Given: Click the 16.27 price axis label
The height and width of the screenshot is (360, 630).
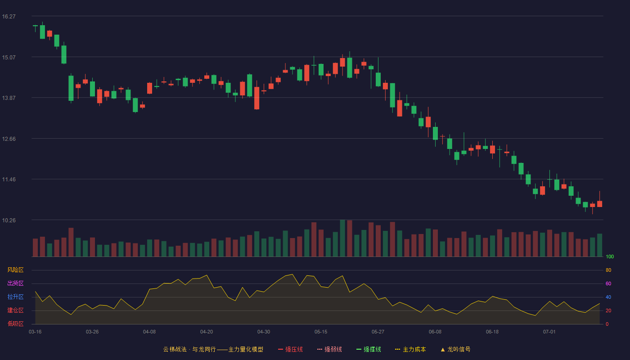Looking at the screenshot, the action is (x=9, y=17).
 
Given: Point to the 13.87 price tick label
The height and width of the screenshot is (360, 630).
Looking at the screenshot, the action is (x=9, y=98).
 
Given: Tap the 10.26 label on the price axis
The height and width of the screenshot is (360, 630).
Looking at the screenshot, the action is (x=9, y=220).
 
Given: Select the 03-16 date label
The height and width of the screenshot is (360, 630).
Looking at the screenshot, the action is (x=35, y=332).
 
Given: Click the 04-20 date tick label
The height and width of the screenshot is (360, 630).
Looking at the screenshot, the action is (x=207, y=332).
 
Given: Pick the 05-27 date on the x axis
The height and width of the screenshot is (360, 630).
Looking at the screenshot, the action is (x=378, y=332).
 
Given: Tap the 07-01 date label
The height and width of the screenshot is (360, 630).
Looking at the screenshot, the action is (x=549, y=332).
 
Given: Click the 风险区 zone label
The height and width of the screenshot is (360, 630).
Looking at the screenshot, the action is (x=15, y=270).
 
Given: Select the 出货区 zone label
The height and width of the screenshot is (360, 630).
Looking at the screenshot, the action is (x=15, y=283).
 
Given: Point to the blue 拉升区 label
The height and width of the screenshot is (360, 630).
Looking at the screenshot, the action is (x=15, y=297).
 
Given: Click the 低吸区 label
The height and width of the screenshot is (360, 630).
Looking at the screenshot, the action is (x=15, y=324).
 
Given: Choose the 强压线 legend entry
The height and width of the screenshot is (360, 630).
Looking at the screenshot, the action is (x=290, y=349).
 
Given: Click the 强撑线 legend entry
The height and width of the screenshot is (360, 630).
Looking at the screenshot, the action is (x=369, y=349).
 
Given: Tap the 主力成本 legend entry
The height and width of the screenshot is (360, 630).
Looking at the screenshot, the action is (x=410, y=349).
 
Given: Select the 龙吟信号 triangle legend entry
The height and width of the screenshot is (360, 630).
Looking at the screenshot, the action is (x=455, y=349).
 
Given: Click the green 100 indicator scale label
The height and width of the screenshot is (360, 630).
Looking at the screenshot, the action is (x=610, y=256).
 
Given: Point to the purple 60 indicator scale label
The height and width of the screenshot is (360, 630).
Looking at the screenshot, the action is (x=608, y=283).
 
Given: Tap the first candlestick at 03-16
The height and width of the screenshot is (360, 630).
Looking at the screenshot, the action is (x=35, y=26).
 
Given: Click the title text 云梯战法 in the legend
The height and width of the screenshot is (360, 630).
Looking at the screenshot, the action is (x=175, y=349).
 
